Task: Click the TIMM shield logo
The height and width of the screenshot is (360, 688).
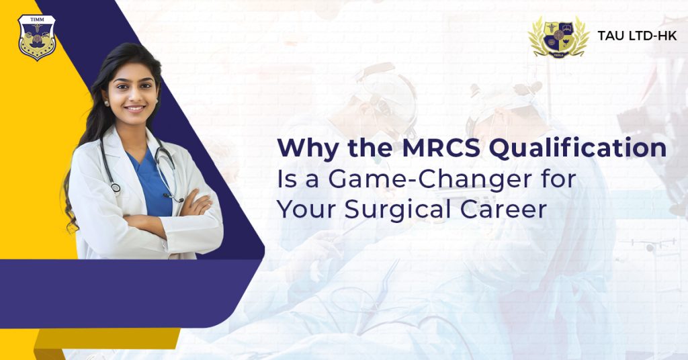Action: (37, 38)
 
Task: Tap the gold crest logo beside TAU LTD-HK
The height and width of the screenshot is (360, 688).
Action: (558, 36)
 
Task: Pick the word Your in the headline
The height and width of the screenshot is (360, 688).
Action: (306, 210)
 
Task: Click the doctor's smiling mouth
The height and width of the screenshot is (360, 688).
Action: (135, 108)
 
